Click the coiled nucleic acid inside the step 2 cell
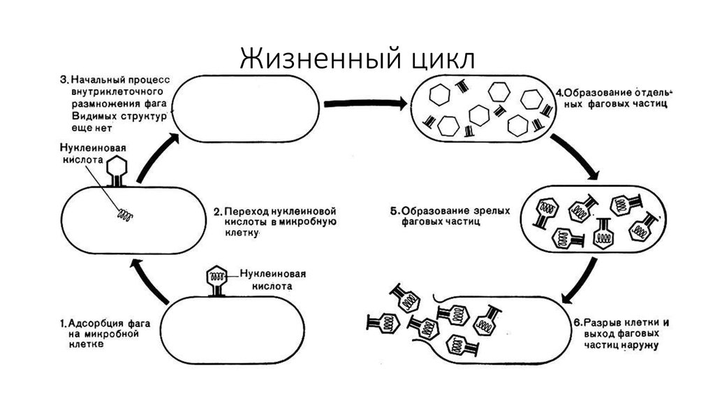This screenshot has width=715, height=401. (125, 215)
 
